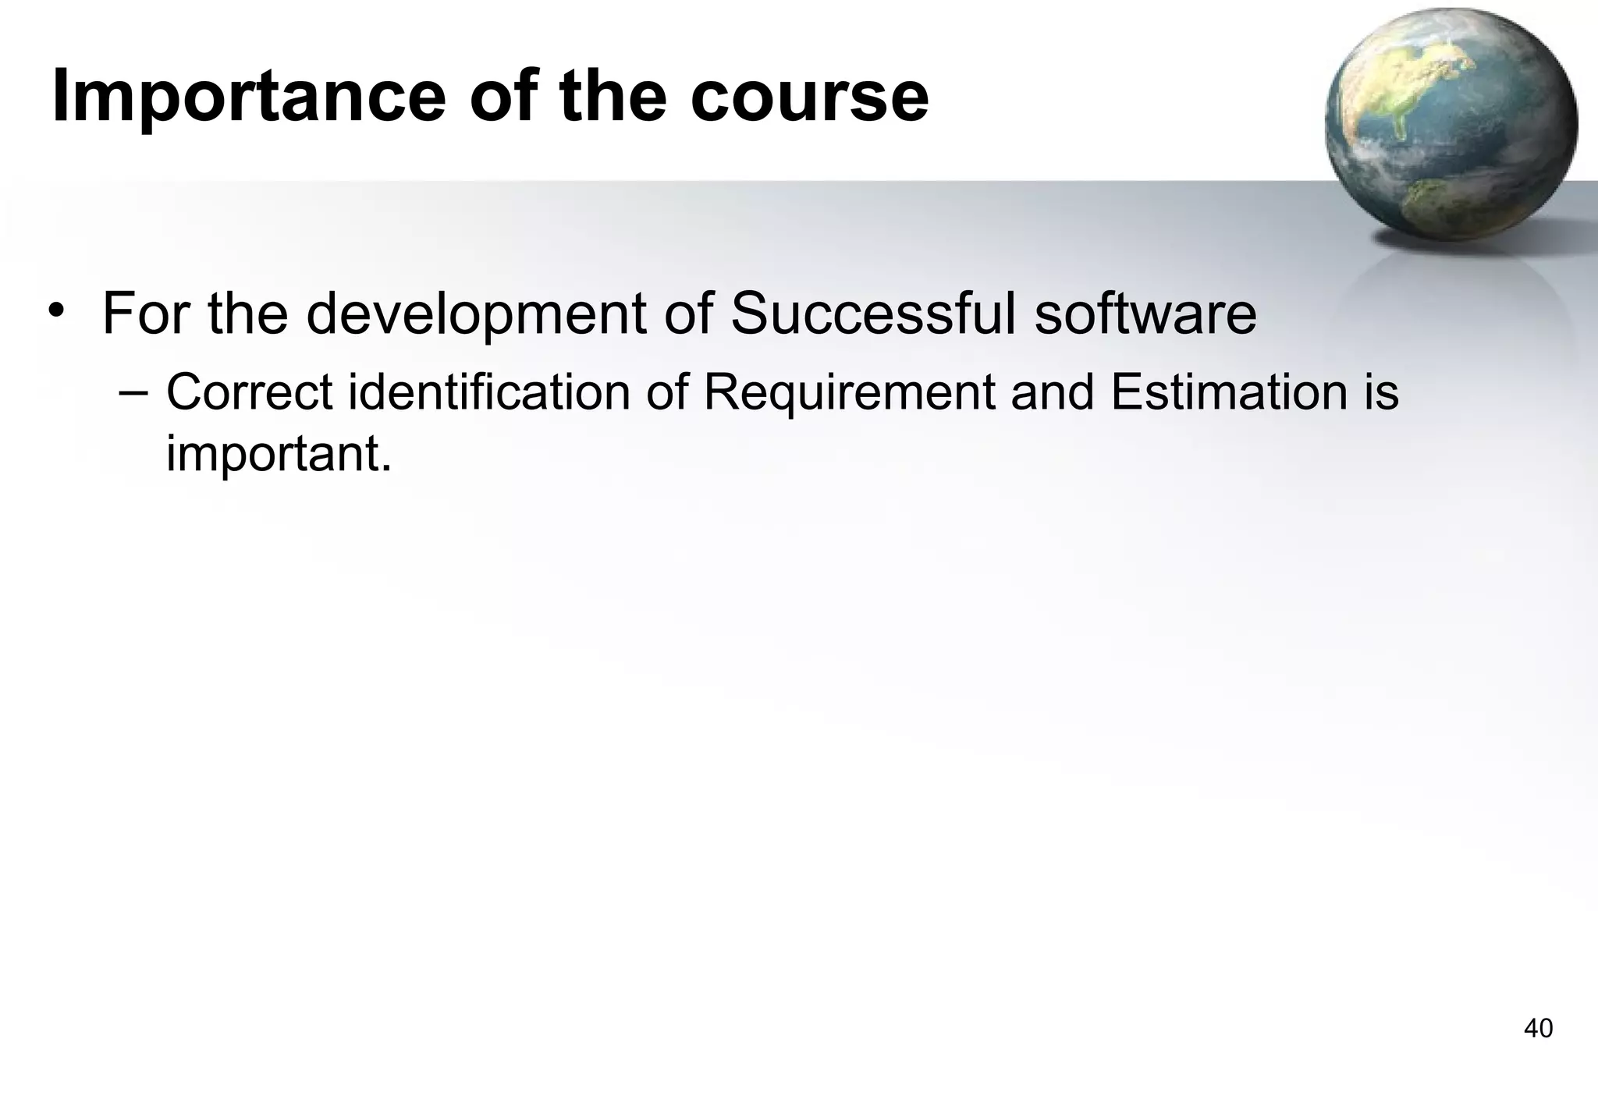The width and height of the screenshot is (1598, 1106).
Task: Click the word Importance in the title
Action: coord(249,97)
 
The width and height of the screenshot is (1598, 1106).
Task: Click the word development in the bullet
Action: coord(476,314)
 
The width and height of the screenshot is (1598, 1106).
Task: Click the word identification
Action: coord(489,392)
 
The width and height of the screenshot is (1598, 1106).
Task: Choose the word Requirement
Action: coord(849,394)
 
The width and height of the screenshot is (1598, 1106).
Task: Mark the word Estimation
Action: coord(1229,392)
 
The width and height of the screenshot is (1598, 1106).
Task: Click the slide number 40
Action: coord(1538,1029)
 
